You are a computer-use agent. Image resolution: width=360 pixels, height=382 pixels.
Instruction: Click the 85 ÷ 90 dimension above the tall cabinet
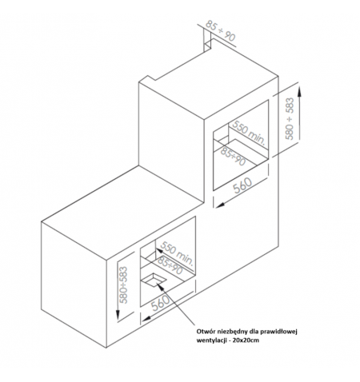pyautogui.click(x=221, y=31)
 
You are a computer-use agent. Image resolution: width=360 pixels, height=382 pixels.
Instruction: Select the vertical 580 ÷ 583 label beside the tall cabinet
pyautogui.click(x=290, y=118)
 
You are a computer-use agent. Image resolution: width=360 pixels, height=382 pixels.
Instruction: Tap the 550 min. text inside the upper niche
pyautogui.click(x=249, y=133)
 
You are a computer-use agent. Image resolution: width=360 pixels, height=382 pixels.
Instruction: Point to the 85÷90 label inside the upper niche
pyautogui.click(x=234, y=157)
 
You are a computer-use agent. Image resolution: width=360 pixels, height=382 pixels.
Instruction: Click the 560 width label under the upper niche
pyautogui.click(x=242, y=185)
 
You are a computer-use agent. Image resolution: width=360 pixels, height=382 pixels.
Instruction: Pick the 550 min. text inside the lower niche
pyautogui.click(x=177, y=253)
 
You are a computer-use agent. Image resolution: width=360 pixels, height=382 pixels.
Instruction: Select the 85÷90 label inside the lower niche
pyautogui.click(x=170, y=266)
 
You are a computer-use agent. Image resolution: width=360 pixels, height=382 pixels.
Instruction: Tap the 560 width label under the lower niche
pyautogui.click(x=161, y=303)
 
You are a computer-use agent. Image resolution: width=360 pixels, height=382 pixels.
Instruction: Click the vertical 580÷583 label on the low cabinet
pyautogui.click(x=123, y=285)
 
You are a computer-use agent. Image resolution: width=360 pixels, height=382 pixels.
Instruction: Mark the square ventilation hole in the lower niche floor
pyautogui.click(x=154, y=281)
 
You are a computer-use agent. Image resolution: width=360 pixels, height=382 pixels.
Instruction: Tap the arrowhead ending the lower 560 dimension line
pyautogui.click(x=146, y=317)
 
